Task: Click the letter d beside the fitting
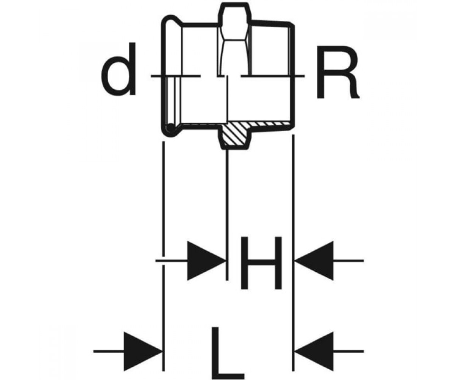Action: (x=118, y=69)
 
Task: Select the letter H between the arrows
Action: (x=261, y=263)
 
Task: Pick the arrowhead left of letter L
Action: (x=143, y=351)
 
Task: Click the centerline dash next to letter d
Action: (x=176, y=76)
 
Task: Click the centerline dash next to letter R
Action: (x=272, y=76)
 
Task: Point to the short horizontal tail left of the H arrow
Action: (x=171, y=261)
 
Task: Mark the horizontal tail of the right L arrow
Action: (x=348, y=351)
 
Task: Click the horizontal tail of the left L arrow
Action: (x=109, y=351)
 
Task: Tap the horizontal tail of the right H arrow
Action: (x=348, y=261)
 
